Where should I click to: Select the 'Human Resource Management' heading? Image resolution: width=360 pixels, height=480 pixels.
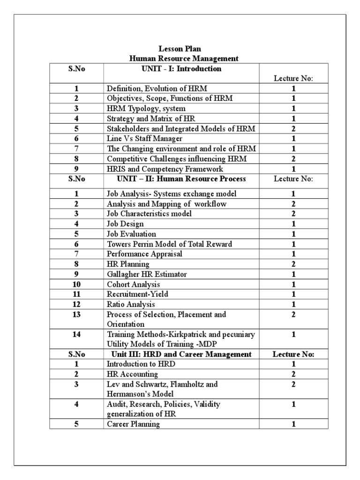click(180, 59)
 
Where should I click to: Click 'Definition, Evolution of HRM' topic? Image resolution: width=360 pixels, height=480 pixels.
click(150, 88)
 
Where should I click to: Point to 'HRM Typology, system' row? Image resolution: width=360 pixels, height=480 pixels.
click(139, 108)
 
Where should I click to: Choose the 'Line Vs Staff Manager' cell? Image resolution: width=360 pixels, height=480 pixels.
click(144, 139)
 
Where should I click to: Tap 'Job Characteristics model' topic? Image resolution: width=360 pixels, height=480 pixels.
click(149, 213)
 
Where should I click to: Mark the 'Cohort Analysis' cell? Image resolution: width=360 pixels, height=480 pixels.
click(133, 285)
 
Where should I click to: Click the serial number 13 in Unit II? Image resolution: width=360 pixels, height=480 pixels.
click(76, 315)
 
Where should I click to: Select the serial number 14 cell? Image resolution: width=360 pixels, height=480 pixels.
click(76, 335)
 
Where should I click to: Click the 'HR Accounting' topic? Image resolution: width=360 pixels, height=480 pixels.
click(132, 374)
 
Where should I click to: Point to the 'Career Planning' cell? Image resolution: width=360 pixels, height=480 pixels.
click(133, 424)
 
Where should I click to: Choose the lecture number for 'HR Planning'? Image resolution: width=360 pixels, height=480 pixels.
click(293, 264)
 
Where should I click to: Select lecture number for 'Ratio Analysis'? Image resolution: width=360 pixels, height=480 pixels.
click(293, 304)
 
